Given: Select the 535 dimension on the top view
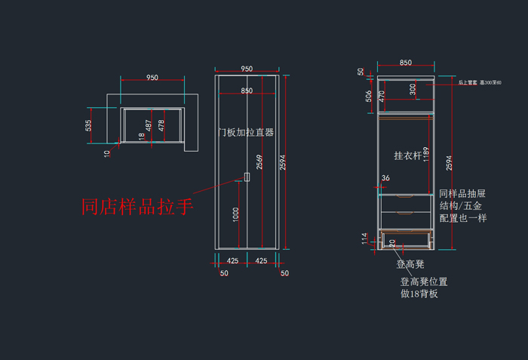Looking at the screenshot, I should (x=89, y=125).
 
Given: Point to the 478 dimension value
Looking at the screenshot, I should (x=161, y=125).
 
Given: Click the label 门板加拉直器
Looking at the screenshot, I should (x=246, y=132).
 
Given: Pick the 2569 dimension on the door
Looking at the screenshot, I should (x=259, y=161).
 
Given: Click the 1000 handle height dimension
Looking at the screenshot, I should (x=236, y=214).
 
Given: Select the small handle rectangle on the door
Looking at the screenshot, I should (x=247, y=177).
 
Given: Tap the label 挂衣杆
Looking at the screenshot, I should (x=408, y=155).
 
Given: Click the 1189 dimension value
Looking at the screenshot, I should (x=425, y=155).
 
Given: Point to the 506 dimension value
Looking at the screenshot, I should (x=369, y=96).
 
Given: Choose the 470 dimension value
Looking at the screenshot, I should (x=382, y=96).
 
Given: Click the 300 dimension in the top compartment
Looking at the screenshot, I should (x=413, y=89).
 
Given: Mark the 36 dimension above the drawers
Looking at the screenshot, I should (x=386, y=178).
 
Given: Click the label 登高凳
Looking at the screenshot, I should (x=410, y=264).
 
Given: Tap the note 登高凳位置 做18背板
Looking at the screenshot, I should (x=423, y=288).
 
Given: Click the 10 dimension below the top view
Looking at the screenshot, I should (x=107, y=153).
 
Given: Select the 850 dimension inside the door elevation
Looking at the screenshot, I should (x=247, y=91).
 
